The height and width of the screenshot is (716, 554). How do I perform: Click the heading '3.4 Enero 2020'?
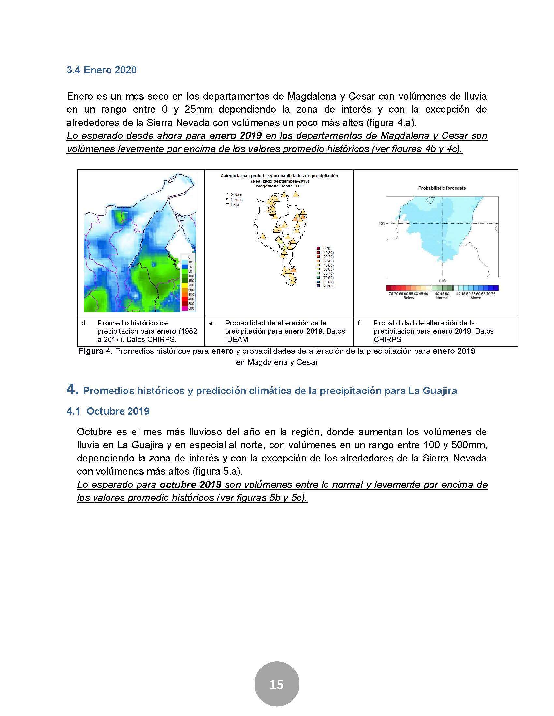point(101,70)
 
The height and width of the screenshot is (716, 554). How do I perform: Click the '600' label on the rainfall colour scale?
point(191,308)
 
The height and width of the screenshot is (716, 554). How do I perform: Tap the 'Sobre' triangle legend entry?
point(234,194)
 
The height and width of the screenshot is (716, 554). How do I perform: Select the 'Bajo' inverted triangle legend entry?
point(233,205)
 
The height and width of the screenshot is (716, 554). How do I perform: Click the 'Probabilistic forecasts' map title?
point(442,188)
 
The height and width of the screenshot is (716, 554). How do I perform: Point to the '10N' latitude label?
point(382,224)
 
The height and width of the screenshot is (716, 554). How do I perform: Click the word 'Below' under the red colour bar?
point(409,298)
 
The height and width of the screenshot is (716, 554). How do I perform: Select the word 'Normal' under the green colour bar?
point(442,298)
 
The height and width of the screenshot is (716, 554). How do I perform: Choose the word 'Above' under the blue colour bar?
point(475,298)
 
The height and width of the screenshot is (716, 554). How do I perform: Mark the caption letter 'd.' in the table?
point(84,323)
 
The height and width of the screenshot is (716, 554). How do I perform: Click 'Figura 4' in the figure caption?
point(94,351)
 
